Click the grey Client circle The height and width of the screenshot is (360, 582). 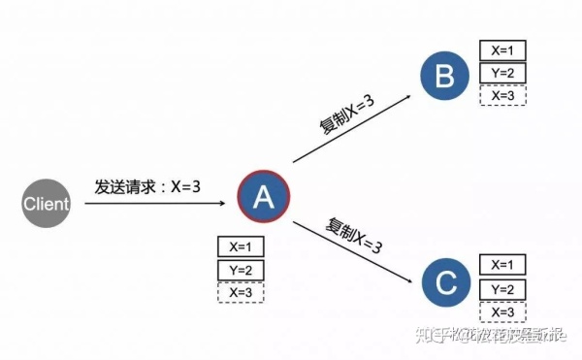(x=47, y=204)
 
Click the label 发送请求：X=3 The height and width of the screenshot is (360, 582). (x=147, y=185)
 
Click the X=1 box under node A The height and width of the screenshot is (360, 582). (x=241, y=247)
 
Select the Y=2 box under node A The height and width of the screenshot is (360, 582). (x=241, y=270)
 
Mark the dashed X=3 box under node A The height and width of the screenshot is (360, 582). (x=241, y=291)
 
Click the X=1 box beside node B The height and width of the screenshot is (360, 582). (x=502, y=50)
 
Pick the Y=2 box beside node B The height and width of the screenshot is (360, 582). (x=502, y=73)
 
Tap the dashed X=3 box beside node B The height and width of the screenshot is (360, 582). (x=502, y=95)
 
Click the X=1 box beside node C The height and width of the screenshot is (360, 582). (x=502, y=265)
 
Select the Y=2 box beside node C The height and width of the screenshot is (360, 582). (x=502, y=288)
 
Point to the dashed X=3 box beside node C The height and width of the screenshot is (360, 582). (x=502, y=311)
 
